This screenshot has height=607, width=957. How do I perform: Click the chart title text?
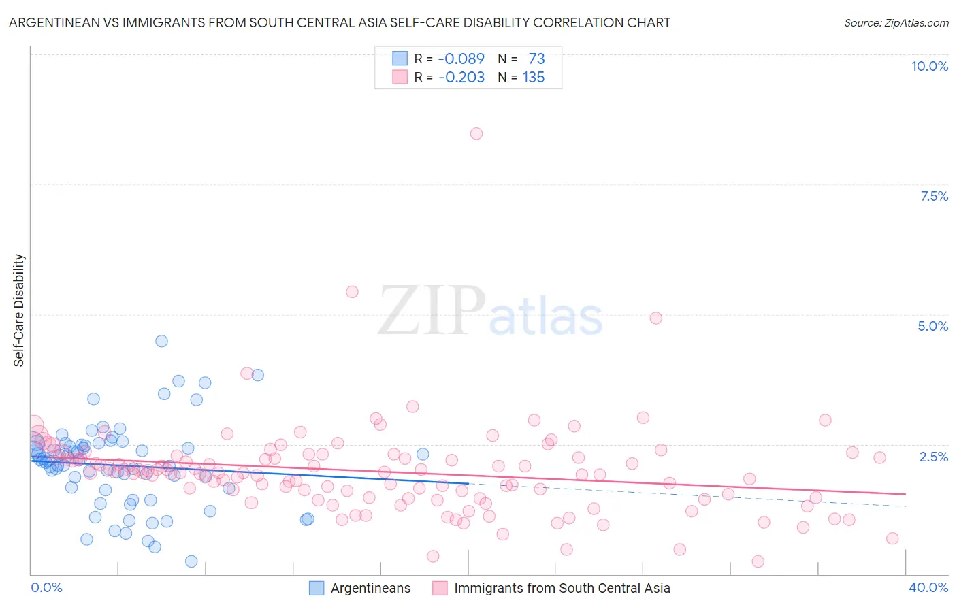(339, 22)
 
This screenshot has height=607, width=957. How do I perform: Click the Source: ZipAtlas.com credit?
(896, 22)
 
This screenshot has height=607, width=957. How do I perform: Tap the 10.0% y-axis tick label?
(929, 66)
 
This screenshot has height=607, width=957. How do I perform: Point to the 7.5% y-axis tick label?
(934, 196)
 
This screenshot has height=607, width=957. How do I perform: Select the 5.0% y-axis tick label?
(932, 326)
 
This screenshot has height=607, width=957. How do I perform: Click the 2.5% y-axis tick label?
(933, 457)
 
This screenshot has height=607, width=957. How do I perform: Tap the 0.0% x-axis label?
(46, 587)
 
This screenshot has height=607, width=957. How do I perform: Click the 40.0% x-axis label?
(928, 587)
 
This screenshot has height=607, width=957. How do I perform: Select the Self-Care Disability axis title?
(19, 310)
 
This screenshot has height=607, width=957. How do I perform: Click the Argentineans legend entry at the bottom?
(370, 588)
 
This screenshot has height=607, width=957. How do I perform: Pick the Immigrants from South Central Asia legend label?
(562, 588)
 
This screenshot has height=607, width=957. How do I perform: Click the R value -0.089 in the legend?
(461, 59)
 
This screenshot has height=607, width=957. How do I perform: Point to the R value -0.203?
(461, 77)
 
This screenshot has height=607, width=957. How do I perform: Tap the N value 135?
(534, 77)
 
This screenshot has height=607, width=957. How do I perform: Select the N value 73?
(536, 59)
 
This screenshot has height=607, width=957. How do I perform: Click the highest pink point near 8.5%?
(476, 133)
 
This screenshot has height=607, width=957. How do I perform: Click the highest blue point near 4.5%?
(161, 341)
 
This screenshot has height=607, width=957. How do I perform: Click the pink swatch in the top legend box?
(400, 77)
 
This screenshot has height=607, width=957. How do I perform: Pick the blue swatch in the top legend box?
(400, 59)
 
